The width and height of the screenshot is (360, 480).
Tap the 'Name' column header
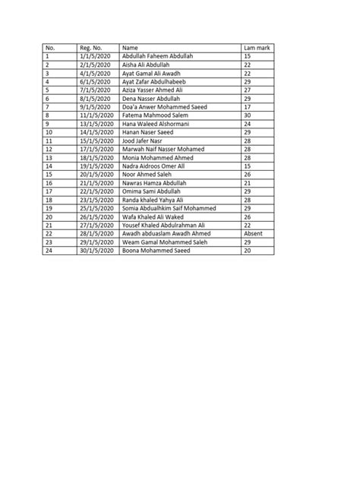pyautogui.click(x=130, y=48)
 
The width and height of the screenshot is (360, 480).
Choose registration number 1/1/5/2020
pyautogui.click(x=93, y=57)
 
